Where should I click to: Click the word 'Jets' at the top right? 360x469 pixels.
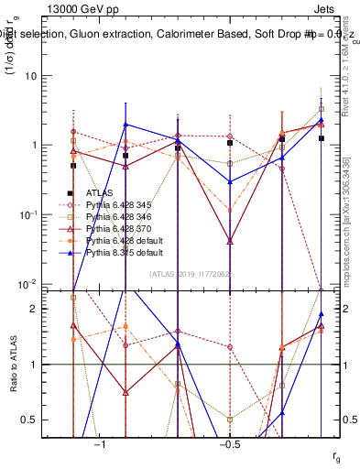tap(335, 7)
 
